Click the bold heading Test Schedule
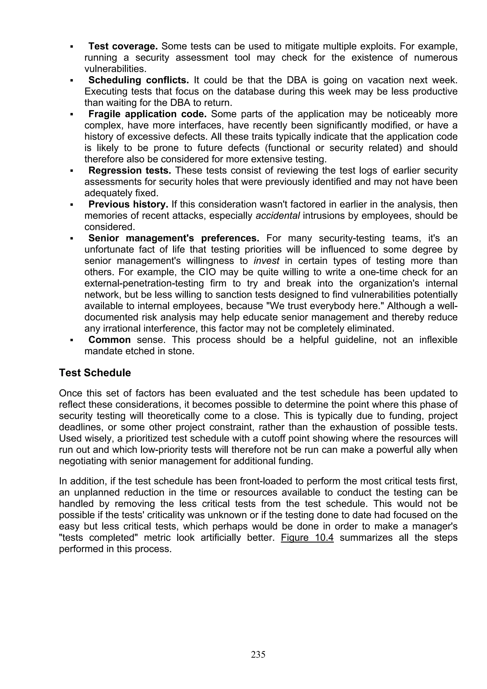tap(95, 373)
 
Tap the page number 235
tap(258, 654)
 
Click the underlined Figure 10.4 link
tap(307, 538)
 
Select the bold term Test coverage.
tap(123, 47)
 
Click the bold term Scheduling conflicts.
tap(139, 80)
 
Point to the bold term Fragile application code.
tap(147, 114)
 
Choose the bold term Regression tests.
tap(130, 170)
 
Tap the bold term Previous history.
tap(128, 204)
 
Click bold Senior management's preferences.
tap(174, 238)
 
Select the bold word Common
tap(110, 340)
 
